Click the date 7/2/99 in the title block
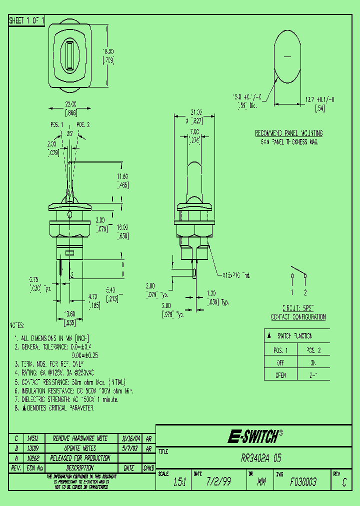[211, 482]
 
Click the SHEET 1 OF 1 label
[27, 20]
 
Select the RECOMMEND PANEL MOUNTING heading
[288, 133]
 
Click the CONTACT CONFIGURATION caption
[298, 317]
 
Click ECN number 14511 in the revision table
[32, 438]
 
